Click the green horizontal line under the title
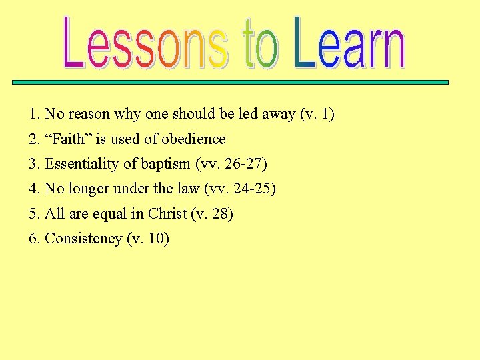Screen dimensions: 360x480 (251, 83)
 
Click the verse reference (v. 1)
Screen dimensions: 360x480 (317, 115)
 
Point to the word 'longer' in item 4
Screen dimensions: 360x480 (89, 189)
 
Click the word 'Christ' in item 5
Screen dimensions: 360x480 (167, 214)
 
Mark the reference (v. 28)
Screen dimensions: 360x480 (212, 214)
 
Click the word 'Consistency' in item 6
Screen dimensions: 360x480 (83, 239)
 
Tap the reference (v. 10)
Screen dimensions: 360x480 (148, 239)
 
